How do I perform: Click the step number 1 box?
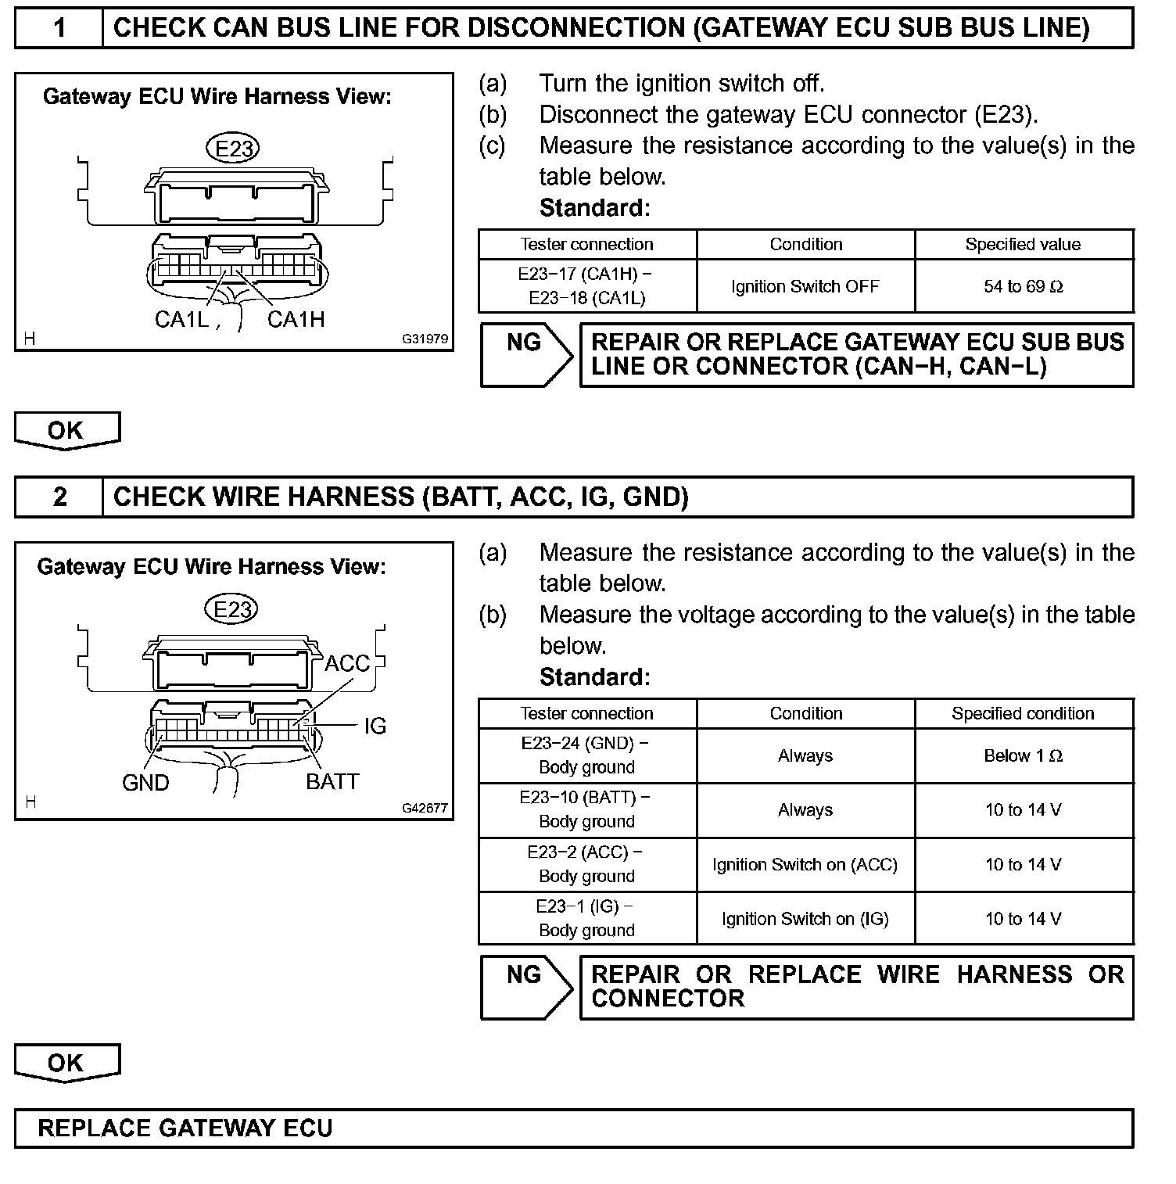coord(59,28)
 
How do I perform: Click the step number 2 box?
coord(59,497)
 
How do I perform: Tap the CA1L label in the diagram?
coord(182,319)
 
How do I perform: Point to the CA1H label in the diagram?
coord(296,319)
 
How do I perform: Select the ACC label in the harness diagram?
coord(346,664)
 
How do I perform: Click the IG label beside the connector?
coord(375,727)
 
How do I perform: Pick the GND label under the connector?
coord(145,783)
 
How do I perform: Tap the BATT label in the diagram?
coord(332,782)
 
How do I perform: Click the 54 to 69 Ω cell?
coord(1024,287)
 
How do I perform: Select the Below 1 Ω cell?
coord(1024,756)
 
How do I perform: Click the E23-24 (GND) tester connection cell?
coord(587,755)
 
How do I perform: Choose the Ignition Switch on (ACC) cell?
coord(805,865)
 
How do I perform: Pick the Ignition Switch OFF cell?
coord(805,287)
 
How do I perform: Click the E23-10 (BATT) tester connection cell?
coord(587,810)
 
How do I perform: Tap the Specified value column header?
coord(1024,245)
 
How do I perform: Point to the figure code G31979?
coord(425,339)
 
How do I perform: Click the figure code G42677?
coord(425,809)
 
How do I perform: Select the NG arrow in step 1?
coord(526,355)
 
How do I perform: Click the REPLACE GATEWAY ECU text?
coord(185,1128)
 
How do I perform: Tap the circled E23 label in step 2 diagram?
coord(231,609)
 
